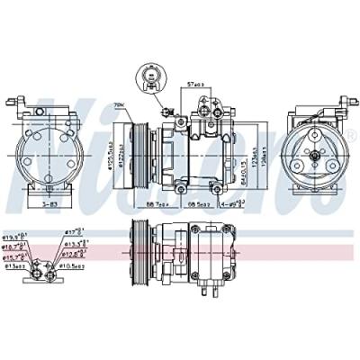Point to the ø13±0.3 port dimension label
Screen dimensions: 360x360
[14, 266]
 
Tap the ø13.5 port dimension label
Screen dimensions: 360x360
[76, 244]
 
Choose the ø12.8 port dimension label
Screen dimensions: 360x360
[76, 255]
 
